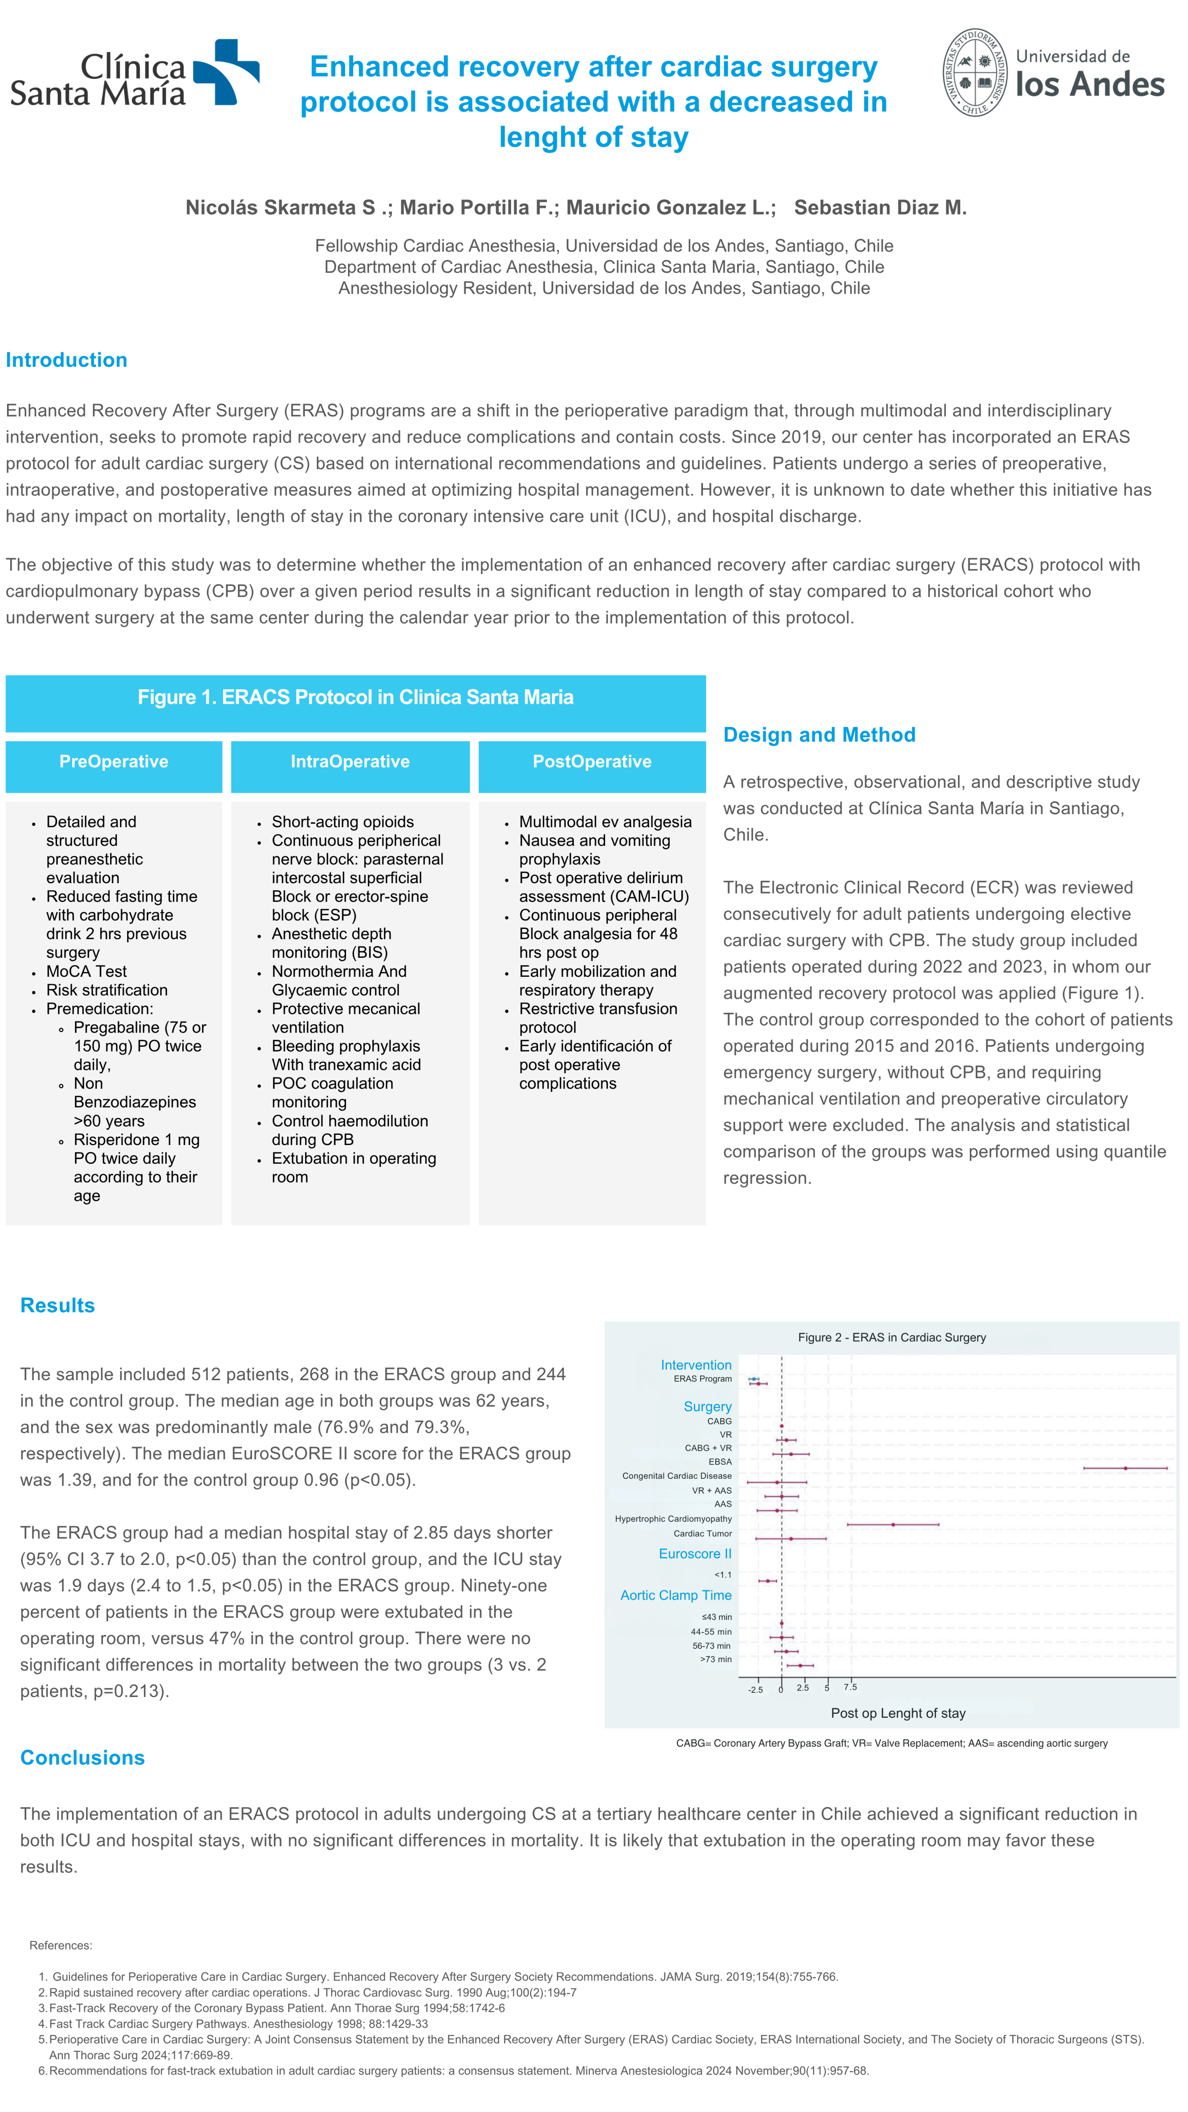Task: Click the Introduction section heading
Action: click(x=66, y=360)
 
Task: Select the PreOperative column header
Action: click(x=114, y=761)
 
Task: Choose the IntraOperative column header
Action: click(x=350, y=761)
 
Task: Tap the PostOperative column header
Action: click(x=592, y=761)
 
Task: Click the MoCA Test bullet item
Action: click(x=86, y=971)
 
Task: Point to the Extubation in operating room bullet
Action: click(x=354, y=1167)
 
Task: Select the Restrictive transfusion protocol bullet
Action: click(x=598, y=1018)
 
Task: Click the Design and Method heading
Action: click(x=819, y=735)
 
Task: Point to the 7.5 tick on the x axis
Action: click(x=850, y=1687)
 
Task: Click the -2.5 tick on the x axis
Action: click(x=755, y=1690)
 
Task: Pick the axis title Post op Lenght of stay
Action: click(x=898, y=1714)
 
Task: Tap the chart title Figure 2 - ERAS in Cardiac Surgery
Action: click(x=891, y=1337)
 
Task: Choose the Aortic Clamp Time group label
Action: click(x=676, y=1596)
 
